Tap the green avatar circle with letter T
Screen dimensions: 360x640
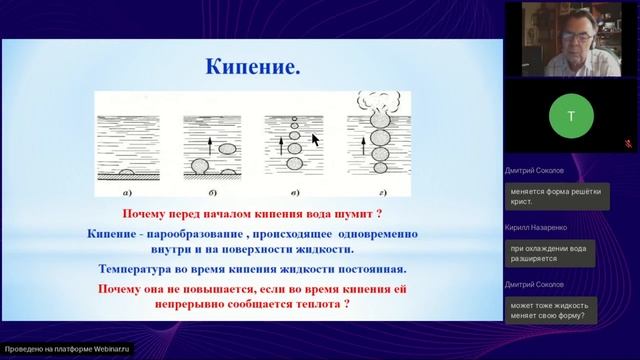(x=571, y=116)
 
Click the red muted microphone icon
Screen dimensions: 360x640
(x=626, y=144)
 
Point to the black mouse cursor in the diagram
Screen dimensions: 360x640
(x=315, y=140)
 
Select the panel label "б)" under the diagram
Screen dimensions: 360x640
(x=212, y=193)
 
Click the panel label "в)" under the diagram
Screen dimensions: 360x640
(x=296, y=193)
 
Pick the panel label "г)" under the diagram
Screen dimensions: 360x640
(x=380, y=193)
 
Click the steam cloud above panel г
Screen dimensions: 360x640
(x=380, y=101)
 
